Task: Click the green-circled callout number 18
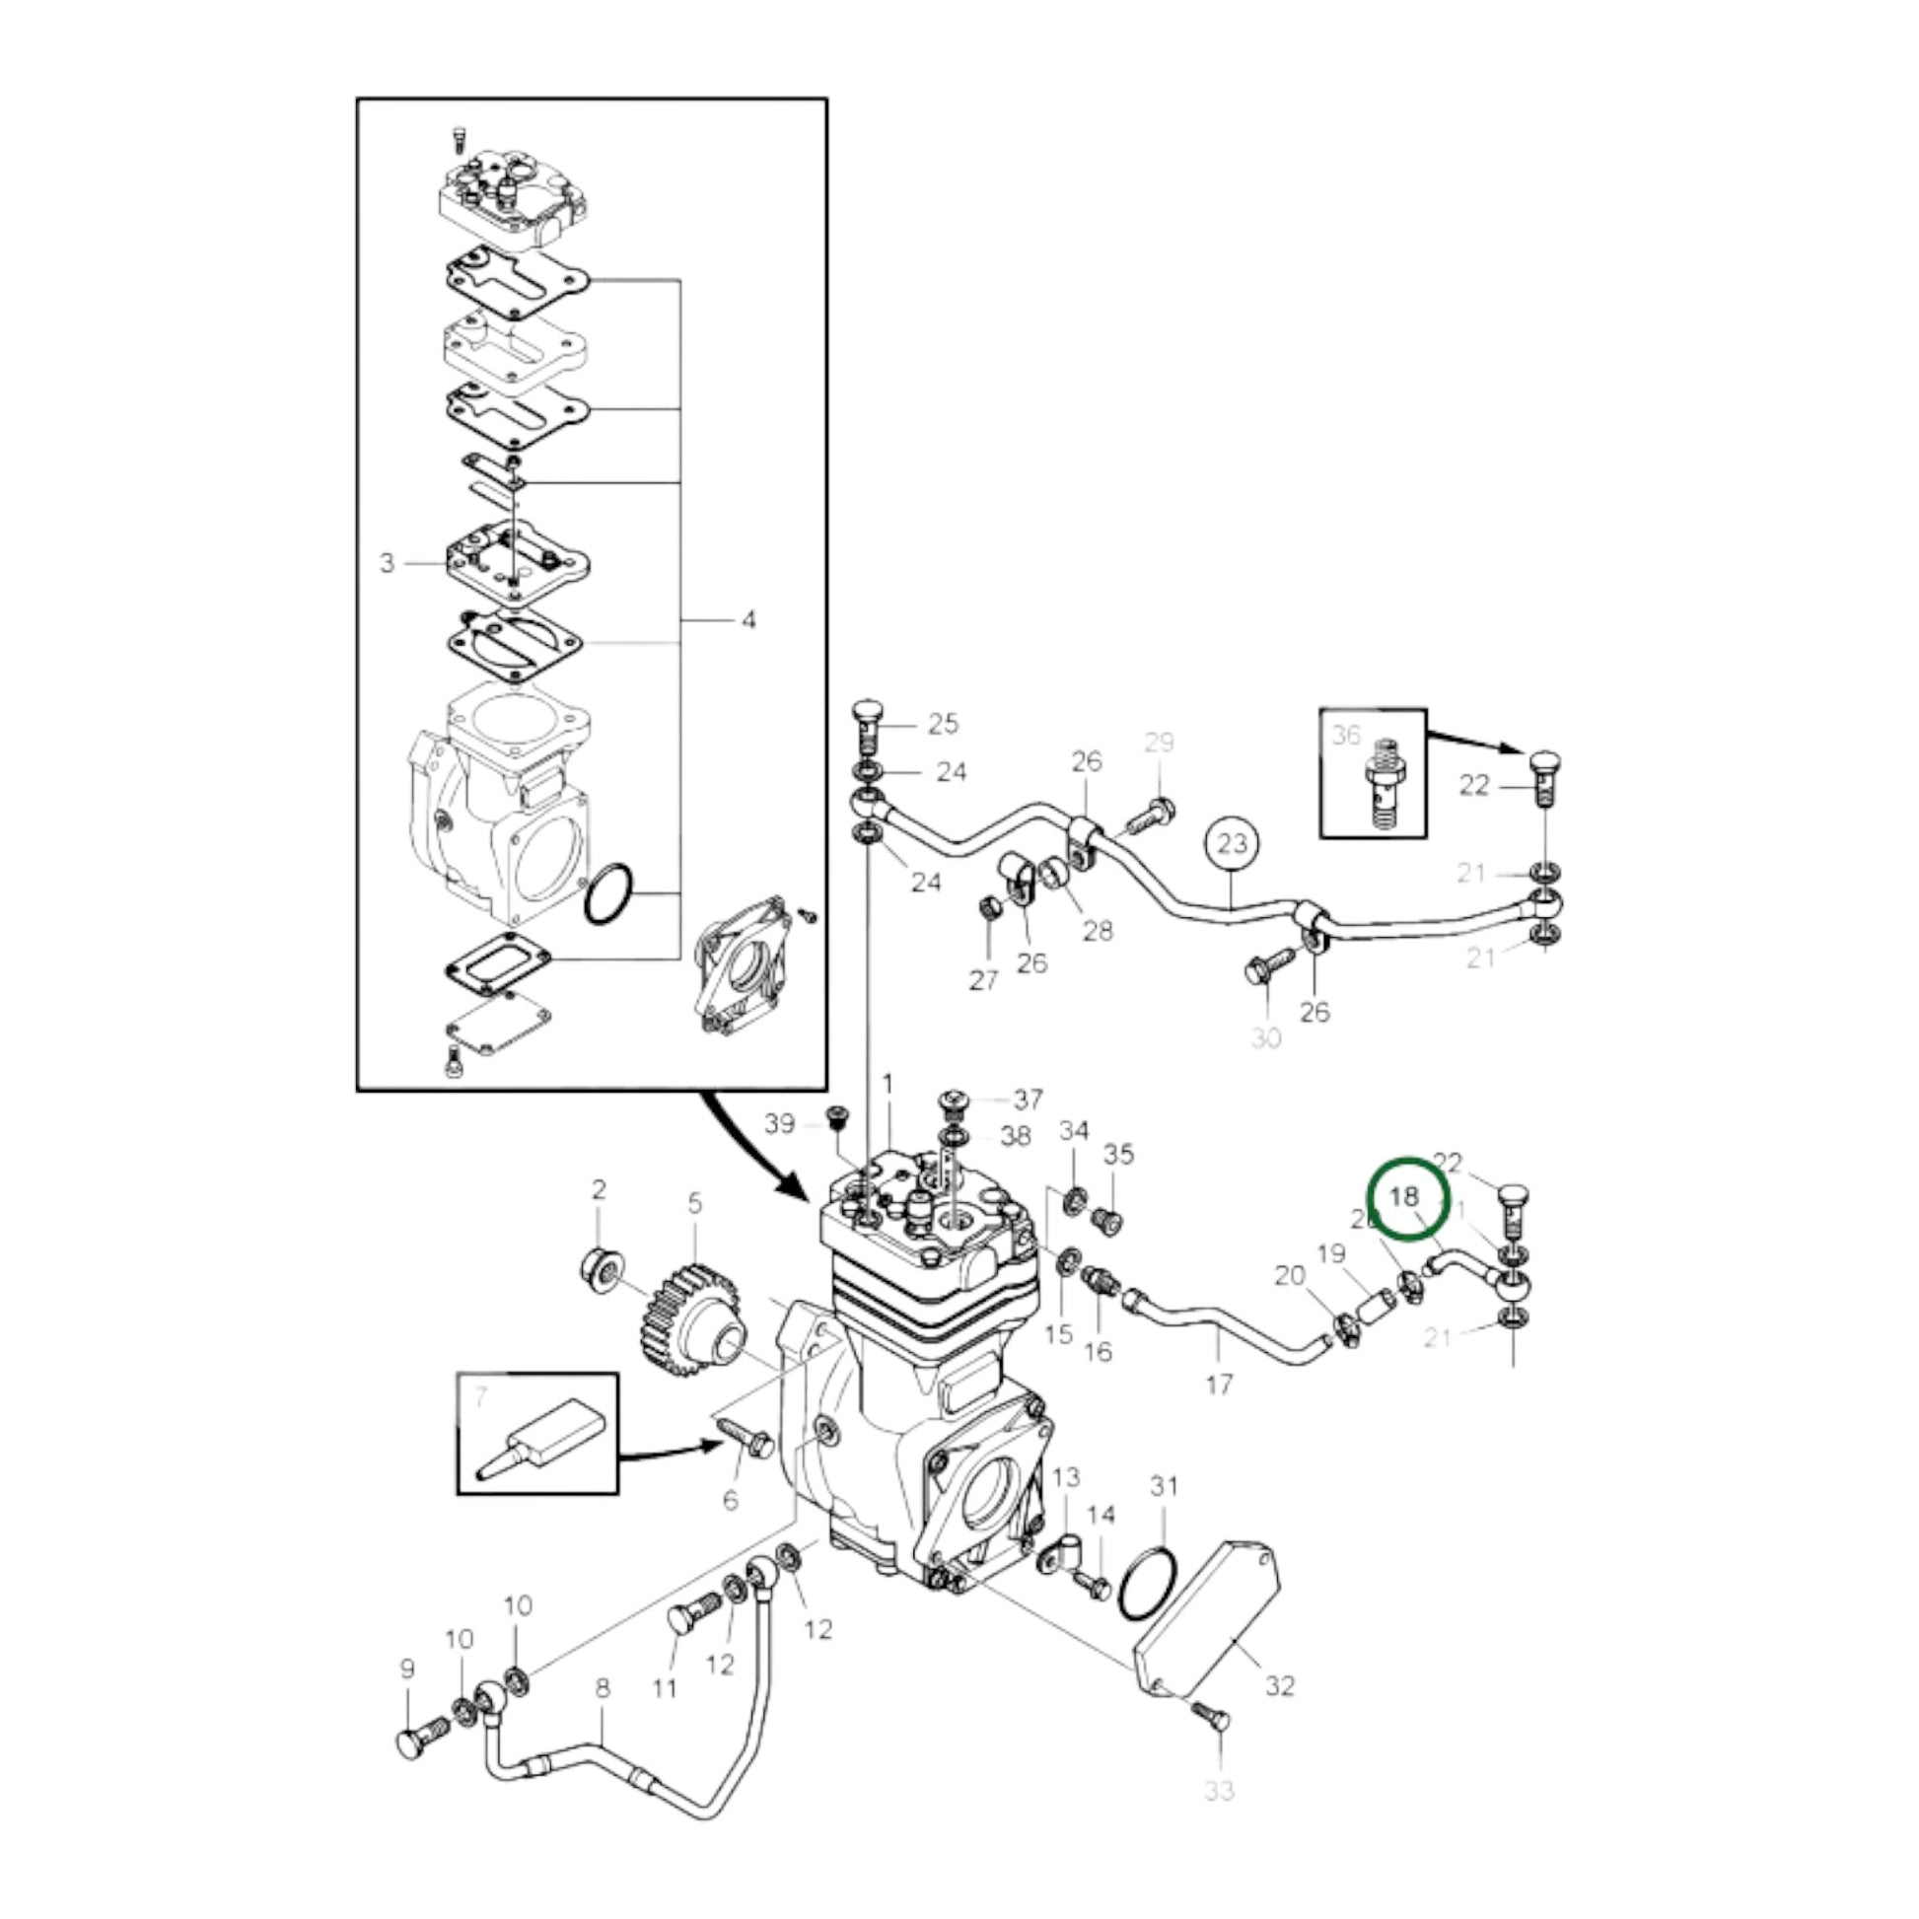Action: (x=1404, y=1197)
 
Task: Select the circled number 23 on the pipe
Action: (x=1231, y=843)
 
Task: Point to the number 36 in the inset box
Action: (x=1346, y=735)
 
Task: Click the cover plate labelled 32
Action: (x=1206, y=1623)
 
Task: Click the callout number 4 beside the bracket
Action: (x=747, y=620)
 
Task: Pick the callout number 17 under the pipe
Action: (x=1219, y=1383)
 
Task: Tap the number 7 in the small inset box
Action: (x=482, y=1398)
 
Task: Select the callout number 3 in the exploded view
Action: (x=388, y=563)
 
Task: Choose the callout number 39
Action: (x=780, y=1123)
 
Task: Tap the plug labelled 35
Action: (x=1112, y=1220)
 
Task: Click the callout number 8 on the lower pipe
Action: (x=602, y=1687)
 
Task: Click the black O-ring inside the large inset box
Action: (x=607, y=893)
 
